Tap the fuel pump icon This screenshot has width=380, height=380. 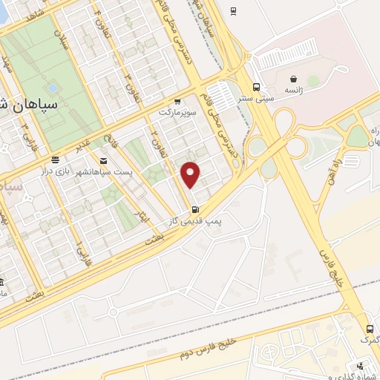coord(195,209)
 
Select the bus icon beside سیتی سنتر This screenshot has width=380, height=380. coord(256,86)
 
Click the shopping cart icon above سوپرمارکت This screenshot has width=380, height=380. coord(177,101)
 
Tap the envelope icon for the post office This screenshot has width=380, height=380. coord(102,160)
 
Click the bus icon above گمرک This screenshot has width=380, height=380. coord(369,329)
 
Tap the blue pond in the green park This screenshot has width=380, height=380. coord(51,88)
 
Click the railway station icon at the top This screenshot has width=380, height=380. coord(234,10)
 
